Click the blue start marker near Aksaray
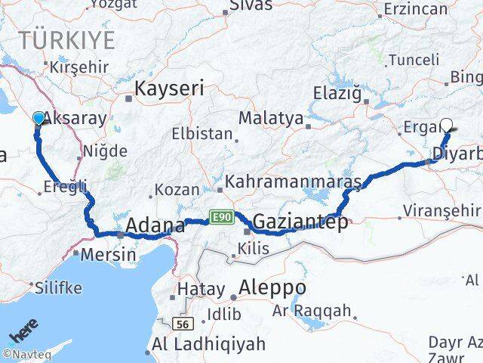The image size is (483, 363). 39,118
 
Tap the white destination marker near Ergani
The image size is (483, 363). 446,126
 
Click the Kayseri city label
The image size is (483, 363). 169,88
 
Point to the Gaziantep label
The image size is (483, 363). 300,222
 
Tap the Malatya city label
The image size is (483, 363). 270,119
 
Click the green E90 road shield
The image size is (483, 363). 220,218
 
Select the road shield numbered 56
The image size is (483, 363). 181,324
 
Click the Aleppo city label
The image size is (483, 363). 272,288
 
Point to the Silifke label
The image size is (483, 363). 56,287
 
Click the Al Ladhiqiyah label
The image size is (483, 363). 208,344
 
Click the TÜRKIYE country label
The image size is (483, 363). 68,40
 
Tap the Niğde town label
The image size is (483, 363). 105,151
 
